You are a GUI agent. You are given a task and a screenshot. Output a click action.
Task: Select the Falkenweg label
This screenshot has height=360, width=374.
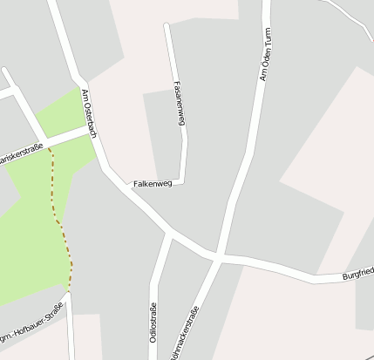point(153,184)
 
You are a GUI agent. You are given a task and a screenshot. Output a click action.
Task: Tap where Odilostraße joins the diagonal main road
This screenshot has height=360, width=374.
point(168,234)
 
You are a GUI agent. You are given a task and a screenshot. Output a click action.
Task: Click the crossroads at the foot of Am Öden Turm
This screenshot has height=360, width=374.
point(218,258)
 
